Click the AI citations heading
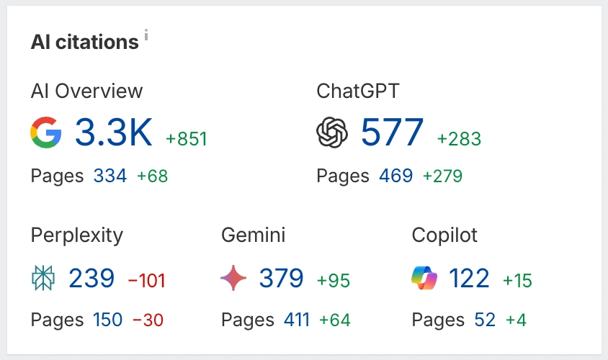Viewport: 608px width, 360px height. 84,42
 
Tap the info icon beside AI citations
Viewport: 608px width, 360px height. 146,35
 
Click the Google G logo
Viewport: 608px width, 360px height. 46,133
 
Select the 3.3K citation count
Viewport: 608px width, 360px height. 114,133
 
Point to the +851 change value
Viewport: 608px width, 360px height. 187,139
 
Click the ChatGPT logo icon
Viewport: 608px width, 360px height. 332,133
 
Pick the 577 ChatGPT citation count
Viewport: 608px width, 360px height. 393,133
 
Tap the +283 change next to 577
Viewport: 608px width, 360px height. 459,139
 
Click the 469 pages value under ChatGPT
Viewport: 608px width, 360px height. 395,176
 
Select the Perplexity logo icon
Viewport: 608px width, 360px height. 43,278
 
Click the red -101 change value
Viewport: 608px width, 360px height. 146,280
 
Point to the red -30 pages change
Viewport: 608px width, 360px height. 148,320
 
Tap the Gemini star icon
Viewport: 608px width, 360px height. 233,278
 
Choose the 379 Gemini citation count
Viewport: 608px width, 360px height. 281,278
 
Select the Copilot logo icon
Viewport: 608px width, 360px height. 424,278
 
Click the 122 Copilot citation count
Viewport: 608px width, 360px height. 469,278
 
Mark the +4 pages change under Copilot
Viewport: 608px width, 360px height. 515,320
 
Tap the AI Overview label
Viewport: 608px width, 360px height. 86,91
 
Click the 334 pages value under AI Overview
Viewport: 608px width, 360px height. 109,176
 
